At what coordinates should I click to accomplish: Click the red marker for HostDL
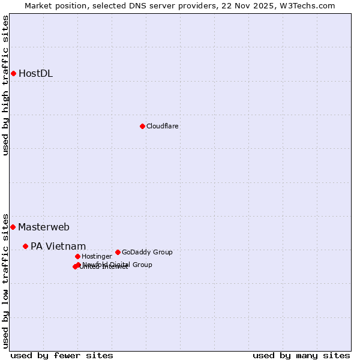pos(13,73)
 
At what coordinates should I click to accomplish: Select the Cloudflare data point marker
pos(142,126)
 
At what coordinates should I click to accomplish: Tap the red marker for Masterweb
pos(13,227)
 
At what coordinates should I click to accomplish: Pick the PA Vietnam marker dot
pos(25,246)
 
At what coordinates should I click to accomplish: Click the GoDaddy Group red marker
pos(118,252)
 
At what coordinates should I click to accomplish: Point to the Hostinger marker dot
pos(77,256)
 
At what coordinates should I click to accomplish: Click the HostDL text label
pos(35,74)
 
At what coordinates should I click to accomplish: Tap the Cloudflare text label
pos(162,126)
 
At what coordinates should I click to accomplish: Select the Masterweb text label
pos(43,227)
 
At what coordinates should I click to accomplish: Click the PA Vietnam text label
pos(58,246)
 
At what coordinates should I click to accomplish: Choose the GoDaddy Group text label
pos(147,252)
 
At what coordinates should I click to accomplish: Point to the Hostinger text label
pos(97,256)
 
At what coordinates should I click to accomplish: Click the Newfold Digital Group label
pos(118,264)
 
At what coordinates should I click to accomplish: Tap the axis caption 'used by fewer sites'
pos(62,355)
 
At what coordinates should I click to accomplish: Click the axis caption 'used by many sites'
pos(301,355)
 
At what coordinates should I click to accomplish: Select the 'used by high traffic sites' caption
pos(6,85)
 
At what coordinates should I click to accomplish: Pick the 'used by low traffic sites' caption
pos(6,280)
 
